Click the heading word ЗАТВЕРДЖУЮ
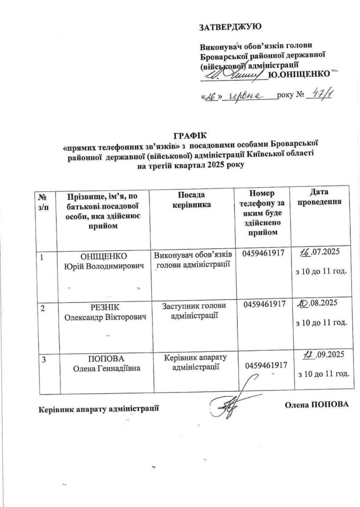230,27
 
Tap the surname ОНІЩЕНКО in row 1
104,256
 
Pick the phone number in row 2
265,304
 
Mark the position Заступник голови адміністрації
194,310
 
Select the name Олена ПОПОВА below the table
316,405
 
